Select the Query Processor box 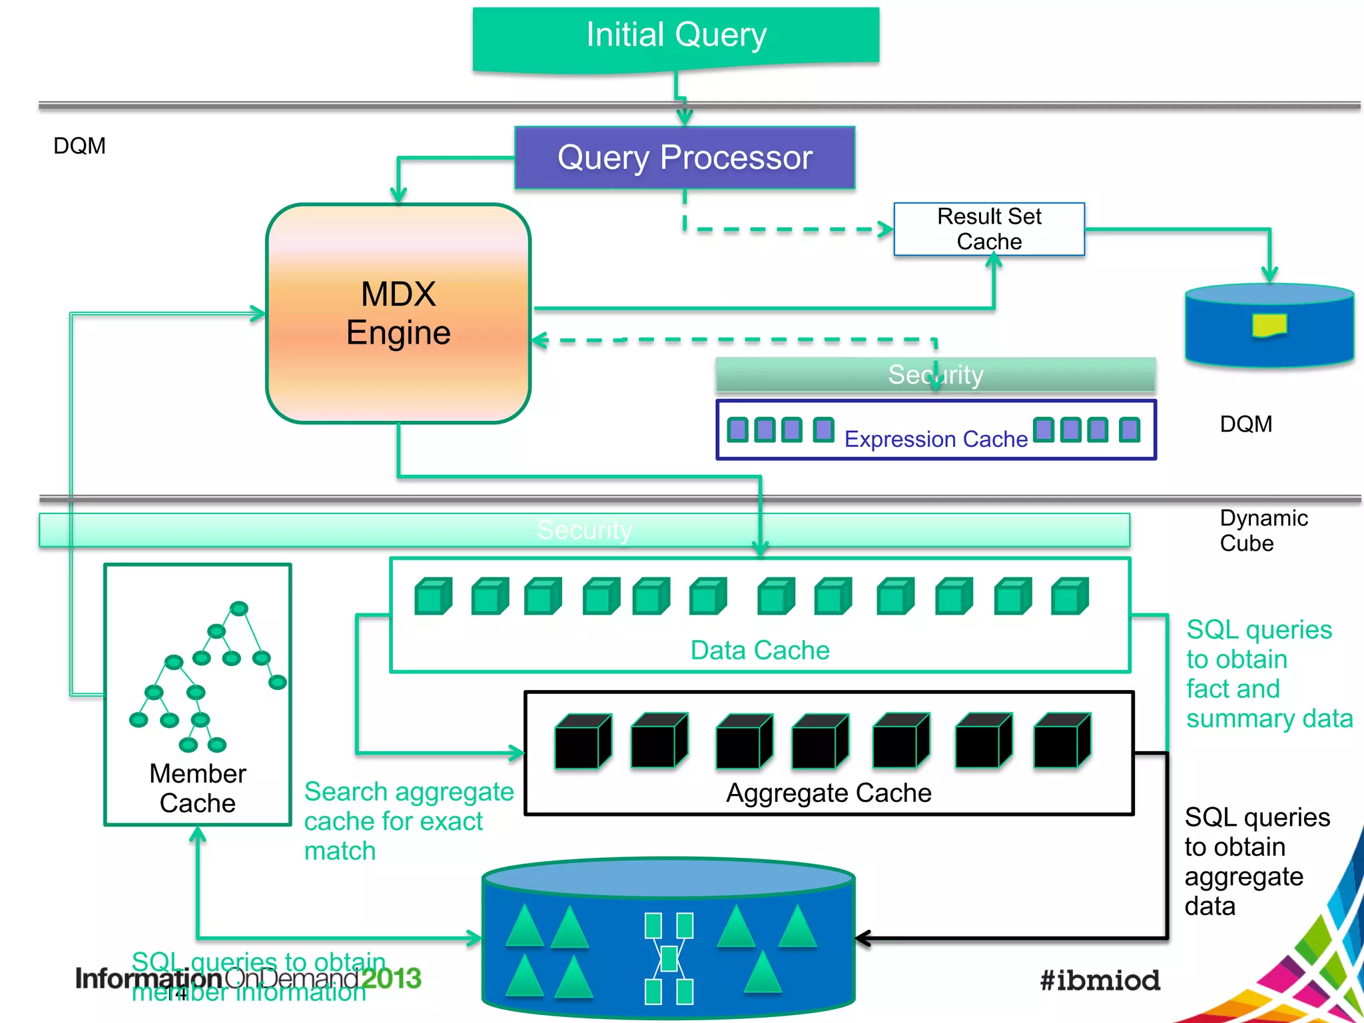(685, 158)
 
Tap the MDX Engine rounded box (398, 313)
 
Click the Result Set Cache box (989, 229)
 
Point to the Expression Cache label (936, 439)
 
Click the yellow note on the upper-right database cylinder (1269, 325)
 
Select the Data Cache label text (760, 650)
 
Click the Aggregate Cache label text (829, 793)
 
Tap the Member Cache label (198, 789)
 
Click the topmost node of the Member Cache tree (239, 608)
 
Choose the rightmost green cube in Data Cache (1070, 596)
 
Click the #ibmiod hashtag (1100, 980)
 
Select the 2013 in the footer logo (391, 978)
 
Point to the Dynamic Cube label (1263, 531)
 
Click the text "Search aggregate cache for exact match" (408, 821)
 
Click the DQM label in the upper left (79, 146)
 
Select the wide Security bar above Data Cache (584, 530)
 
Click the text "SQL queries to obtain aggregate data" (1255, 862)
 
